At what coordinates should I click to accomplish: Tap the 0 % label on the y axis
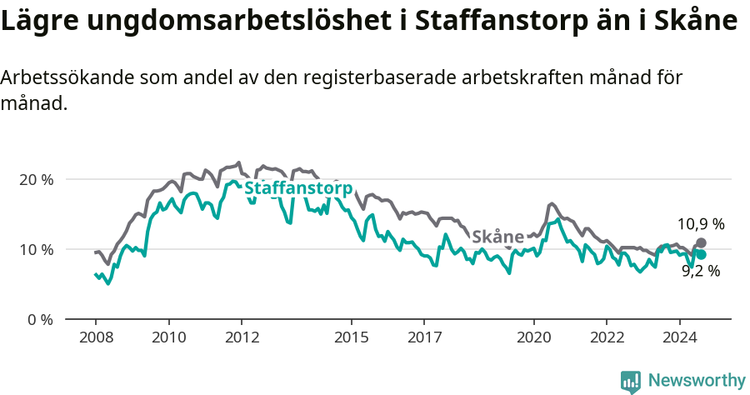[x=40, y=319]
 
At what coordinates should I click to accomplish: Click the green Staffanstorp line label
[x=297, y=188]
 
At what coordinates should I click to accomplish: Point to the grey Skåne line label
[x=497, y=237]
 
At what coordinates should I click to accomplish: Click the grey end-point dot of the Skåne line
[x=701, y=242]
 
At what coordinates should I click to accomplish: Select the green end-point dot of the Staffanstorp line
[x=701, y=255]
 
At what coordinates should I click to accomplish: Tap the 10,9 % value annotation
[x=700, y=224]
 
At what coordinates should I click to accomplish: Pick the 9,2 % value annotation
[x=700, y=271]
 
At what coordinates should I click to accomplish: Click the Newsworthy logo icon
[x=630, y=382]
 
